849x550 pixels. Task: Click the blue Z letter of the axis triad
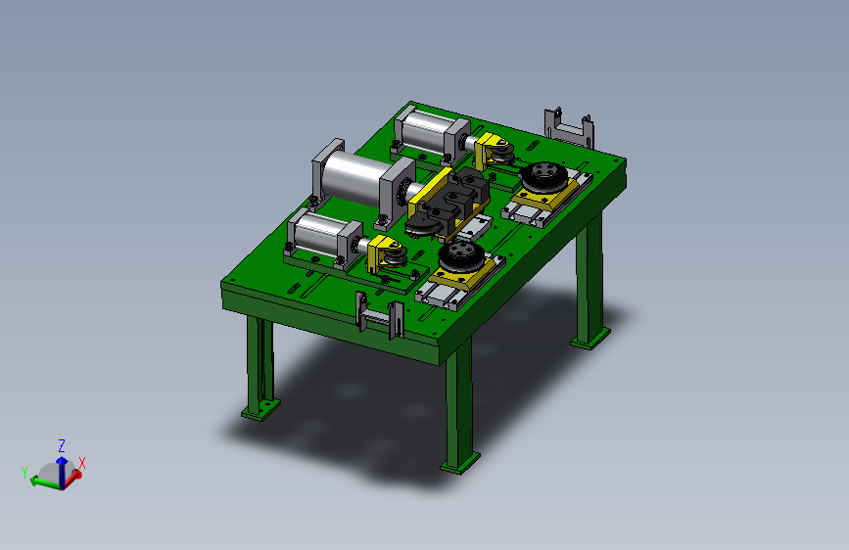pos(62,446)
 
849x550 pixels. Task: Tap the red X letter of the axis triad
pos(82,463)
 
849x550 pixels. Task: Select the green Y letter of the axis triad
pos(24,473)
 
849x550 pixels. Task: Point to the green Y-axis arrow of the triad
pos(45,481)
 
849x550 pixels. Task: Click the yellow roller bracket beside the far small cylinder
pos(489,148)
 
